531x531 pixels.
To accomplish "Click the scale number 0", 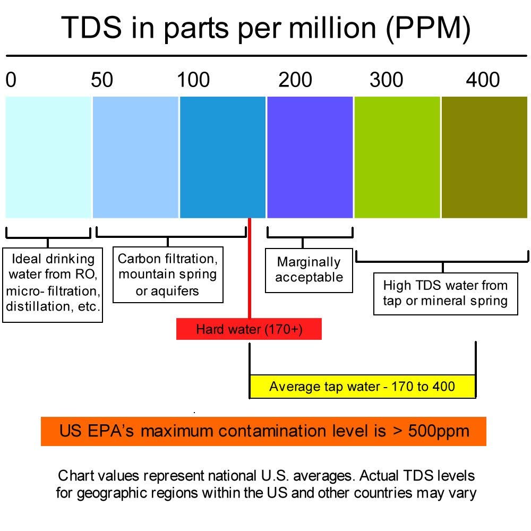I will (11, 80).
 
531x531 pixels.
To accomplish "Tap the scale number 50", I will (102, 80).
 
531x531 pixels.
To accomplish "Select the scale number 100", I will (193, 80).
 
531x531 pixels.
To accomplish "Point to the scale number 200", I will (295, 80).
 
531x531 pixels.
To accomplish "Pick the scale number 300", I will (387, 80).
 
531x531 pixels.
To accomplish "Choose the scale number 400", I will (483, 80).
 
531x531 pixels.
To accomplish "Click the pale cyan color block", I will (48, 157).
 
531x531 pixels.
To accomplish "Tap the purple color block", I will (310, 157).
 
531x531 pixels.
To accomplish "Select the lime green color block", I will (397, 157).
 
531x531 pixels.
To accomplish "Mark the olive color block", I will (484, 157).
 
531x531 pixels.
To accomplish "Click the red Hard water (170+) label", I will (249, 329).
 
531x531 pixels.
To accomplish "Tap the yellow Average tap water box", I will (362, 386).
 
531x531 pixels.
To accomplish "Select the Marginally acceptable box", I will (309, 270).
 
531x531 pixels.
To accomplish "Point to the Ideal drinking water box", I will (53, 282).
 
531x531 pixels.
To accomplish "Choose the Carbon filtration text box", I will (168, 275).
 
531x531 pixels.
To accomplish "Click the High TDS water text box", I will (446, 294).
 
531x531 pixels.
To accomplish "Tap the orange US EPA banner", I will (263, 431).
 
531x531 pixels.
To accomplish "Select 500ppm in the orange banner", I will (439, 431).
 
